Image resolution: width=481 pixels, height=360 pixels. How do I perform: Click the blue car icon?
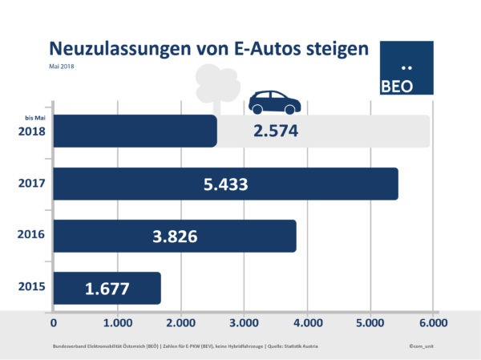(274, 102)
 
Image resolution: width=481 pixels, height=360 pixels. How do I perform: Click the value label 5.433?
(225, 184)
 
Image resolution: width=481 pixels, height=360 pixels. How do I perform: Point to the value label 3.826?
(175, 237)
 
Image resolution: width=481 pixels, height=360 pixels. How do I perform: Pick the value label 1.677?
(107, 289)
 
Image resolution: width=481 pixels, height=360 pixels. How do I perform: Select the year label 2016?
(30, 237)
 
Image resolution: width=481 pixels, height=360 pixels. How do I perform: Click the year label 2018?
(30, 132)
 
